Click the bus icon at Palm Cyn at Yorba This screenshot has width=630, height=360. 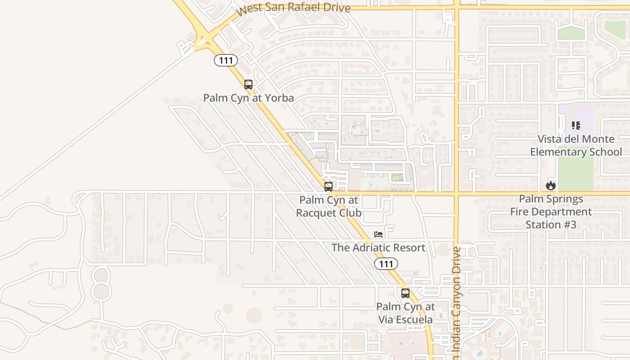[x=248, y=84]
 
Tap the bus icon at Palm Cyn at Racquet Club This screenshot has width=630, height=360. [x=328, y=186]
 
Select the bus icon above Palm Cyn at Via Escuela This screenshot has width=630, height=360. [x=405, y=293]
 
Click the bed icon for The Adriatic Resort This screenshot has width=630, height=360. [x=378, y=234]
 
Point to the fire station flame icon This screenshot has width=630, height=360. [x=551, y=185]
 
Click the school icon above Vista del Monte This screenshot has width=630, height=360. [x=576, y=126]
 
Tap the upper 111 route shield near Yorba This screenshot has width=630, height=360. [x=226, y=60]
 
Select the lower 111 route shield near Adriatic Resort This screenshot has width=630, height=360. [x=386, y=264]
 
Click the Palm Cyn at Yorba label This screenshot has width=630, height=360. [x=248, y=98]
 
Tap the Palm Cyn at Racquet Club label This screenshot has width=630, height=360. [x=329, y=206]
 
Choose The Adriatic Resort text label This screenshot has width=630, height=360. [x=378, y=248]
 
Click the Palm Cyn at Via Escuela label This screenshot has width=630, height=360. [x=405, y=313]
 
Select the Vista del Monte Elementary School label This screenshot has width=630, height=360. [x=576, y=145]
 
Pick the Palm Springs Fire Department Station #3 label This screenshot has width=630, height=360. [x=551, y=211]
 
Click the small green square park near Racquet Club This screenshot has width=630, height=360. [x=396, y=178]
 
